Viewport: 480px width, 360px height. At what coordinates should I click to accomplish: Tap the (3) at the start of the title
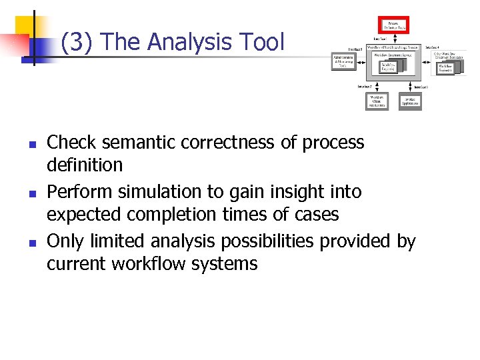(x=78, y=43)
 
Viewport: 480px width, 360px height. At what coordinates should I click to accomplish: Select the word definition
(x=85, y=165)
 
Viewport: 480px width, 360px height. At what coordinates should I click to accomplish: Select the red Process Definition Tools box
(x=393, y=26)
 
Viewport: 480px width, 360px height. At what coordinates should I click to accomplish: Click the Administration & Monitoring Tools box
(x=343, y=61)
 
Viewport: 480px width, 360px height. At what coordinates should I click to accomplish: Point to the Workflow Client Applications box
(x=377, y=101)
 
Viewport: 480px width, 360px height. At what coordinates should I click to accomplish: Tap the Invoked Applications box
(x=410, y=101)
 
